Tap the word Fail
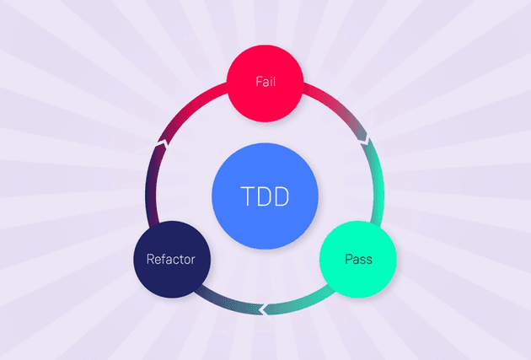click(x=265, y=83)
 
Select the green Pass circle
click(x=358, y=258)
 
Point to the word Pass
click(x=358, y=259)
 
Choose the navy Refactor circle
click(x=171, y=259)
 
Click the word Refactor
click(x=171, y=259)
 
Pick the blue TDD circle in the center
click(x=265, y=198)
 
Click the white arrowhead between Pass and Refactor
click(x=264, y=309)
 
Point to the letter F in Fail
click(x=258, y=83)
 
